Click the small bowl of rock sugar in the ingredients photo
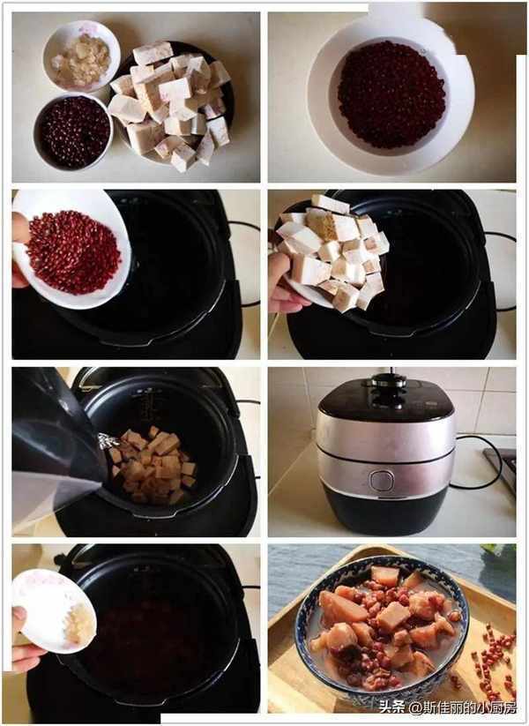81,56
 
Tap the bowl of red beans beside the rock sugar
73,132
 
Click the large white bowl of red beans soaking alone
391,95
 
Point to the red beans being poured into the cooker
73,252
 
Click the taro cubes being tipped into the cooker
334,250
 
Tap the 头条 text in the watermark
391,707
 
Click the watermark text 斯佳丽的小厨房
468,707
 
